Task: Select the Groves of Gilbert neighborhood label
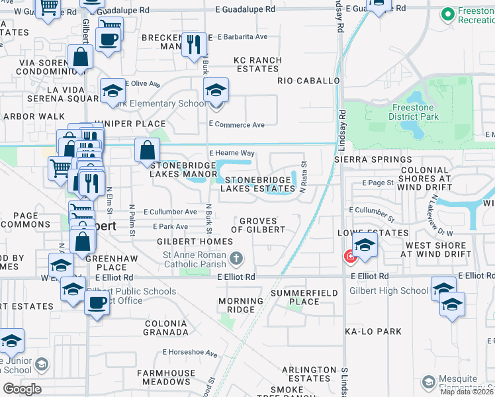(x=262, y=225)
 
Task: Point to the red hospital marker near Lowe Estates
(x=349, y=257)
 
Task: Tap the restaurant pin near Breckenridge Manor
(x=193, y=45)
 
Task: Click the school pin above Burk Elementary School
(x=216, y=90)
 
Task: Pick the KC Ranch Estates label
(x=257, y=64)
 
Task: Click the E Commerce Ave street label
(x=236, y=124)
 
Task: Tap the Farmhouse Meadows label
(x=164, y=378)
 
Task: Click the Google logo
(x=22, y=389)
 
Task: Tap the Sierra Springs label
(x=373, y=159)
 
